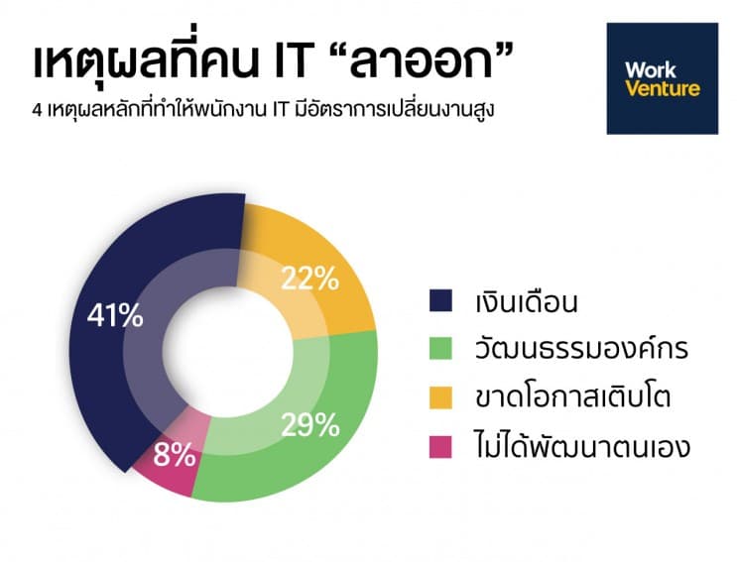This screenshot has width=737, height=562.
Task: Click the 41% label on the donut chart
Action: coord(115,315)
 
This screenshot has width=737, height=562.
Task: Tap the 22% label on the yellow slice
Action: coord(310,279)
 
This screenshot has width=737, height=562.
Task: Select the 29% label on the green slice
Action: coord(310,425)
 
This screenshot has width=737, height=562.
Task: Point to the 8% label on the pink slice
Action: coord(175,455)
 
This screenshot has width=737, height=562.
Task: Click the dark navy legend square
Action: coord(440,300)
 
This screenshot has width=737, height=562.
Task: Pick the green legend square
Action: coord(440,348)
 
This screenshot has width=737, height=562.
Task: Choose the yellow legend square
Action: coord(440,397)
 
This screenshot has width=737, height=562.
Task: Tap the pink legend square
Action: coord(440,446)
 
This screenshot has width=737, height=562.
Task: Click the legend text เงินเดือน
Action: coord(526,301)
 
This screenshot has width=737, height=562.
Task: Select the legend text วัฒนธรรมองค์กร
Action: coord(581,348)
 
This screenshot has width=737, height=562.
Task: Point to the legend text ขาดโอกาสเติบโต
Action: coord(572,395)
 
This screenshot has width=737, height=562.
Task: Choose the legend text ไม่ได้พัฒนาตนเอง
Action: coord(582,445)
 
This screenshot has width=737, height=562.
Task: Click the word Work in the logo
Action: coord(651,70)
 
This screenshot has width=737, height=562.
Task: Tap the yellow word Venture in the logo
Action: coord(663,88)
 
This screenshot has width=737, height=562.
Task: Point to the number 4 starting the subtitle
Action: coord(37,111)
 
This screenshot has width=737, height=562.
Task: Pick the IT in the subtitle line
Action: coord(279,111)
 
